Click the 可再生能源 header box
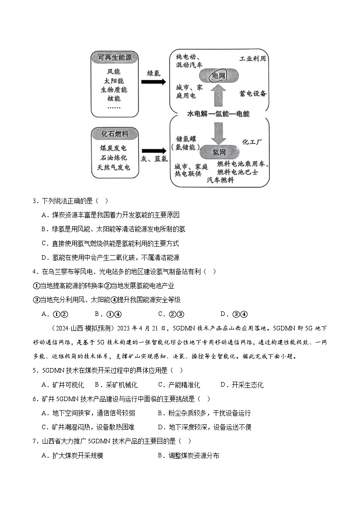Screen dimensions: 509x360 [x=115, y=58]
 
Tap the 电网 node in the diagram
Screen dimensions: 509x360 [x=219, y=76]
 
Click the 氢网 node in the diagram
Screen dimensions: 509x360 [x=219, y=151]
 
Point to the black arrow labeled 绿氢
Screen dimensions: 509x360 [x=153, y=82]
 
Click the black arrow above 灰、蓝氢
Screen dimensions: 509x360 [x=153, y=151]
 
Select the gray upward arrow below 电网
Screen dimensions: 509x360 [x=219, y=97]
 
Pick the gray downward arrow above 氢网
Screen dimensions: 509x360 [x=219, y=131]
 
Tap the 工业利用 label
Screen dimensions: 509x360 [x=253, y=59]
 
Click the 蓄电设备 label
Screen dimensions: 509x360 [x=253, y=93]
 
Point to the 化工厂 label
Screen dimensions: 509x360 [x=252, y=142]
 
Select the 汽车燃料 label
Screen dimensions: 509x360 [x=220, y=180]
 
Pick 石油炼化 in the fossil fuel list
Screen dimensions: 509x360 [x=113, y=158]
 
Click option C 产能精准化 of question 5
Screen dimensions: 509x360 [x=179, y=385]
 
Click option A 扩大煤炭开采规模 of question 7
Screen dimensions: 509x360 [x=73, y=456]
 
